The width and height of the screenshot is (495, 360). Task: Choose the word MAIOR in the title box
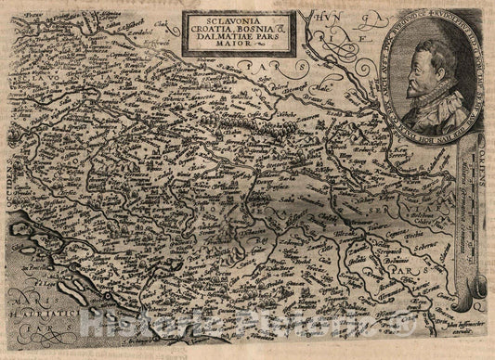tap(210, 50)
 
